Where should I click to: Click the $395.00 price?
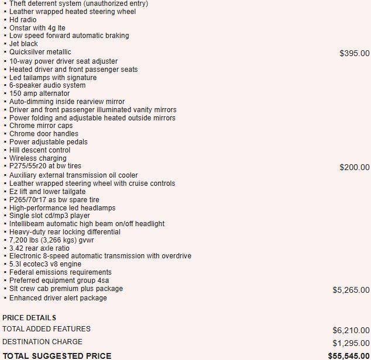pyautogui.click(x=354, y=53)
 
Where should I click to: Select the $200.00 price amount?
pyautogui.click(x=354, y=167)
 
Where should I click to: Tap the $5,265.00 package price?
pyautogui.click(x=351, y=290)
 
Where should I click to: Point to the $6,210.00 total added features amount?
pyautogui.click(x=351, y=330)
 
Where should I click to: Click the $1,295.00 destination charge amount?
pyautogui.click(x=351, y=343)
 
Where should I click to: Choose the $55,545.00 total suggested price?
pyautogui.click(x=348, y=355)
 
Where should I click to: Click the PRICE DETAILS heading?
pyautogui.click(x=29, y=317)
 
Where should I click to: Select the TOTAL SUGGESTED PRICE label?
pyautogui.click(x=57, y=355)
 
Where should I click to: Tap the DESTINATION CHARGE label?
pyautogui.click(x=42, y=342)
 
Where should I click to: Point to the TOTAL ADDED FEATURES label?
pyautogui.click(x=46, y=329)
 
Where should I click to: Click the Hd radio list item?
pyautogui.click(x=23, y=19)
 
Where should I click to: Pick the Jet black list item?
pyautogui.click(x=24, y=44)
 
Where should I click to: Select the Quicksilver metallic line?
pyautogui.click(x=40, y=52)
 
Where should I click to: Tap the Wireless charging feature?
pyautogui.click(x=38, y=158)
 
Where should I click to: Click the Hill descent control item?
pyautogui.click(x=40, y=150)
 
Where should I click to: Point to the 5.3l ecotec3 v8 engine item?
pyautogui.click(x=46, y=264)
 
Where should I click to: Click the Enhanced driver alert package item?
pyautogui.click(x=58, y=298)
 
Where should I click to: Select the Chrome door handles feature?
pyautogui.click(x=44, y=134)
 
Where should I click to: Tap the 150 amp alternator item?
pyautogui.click(x=39, y=94)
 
